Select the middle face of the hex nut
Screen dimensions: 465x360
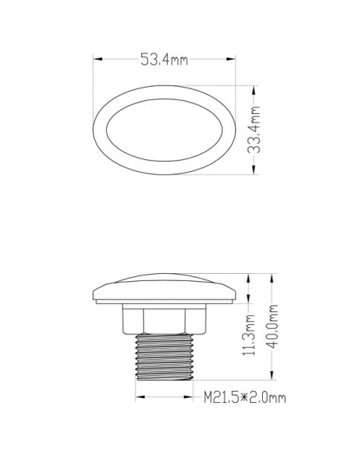click(x=164, y=320)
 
